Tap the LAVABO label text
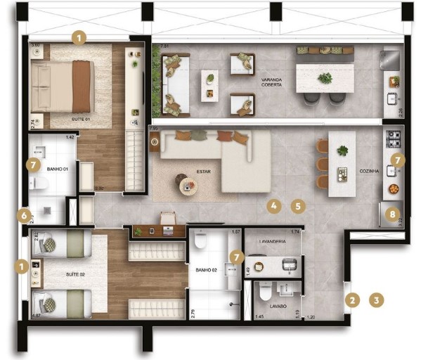click(x=267, y=307)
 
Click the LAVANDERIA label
click(x=273, y=240)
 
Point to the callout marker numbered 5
click(x=299, y=207)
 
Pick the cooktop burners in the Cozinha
click(x=394, y=135)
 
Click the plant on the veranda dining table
click(x=324, y=78)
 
